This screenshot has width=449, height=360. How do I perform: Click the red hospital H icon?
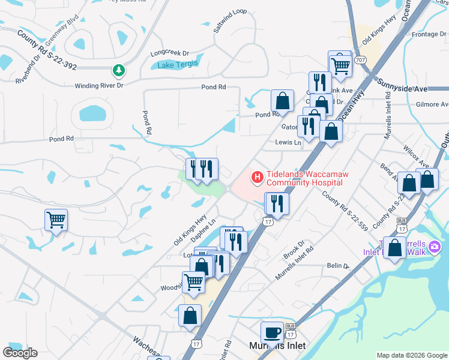pos(257,177)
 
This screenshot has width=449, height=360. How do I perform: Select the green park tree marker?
pos(119,71)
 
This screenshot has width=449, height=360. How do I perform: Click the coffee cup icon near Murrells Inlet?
pos(272,332)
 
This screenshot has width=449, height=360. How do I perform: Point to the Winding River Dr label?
pos(98,86)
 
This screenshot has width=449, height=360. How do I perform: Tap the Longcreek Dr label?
pos(169,53)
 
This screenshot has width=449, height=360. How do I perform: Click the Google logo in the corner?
pos(20,352)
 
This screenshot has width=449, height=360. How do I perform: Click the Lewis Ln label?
pos(288,143)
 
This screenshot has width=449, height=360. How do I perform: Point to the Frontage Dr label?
pos(425,34)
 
